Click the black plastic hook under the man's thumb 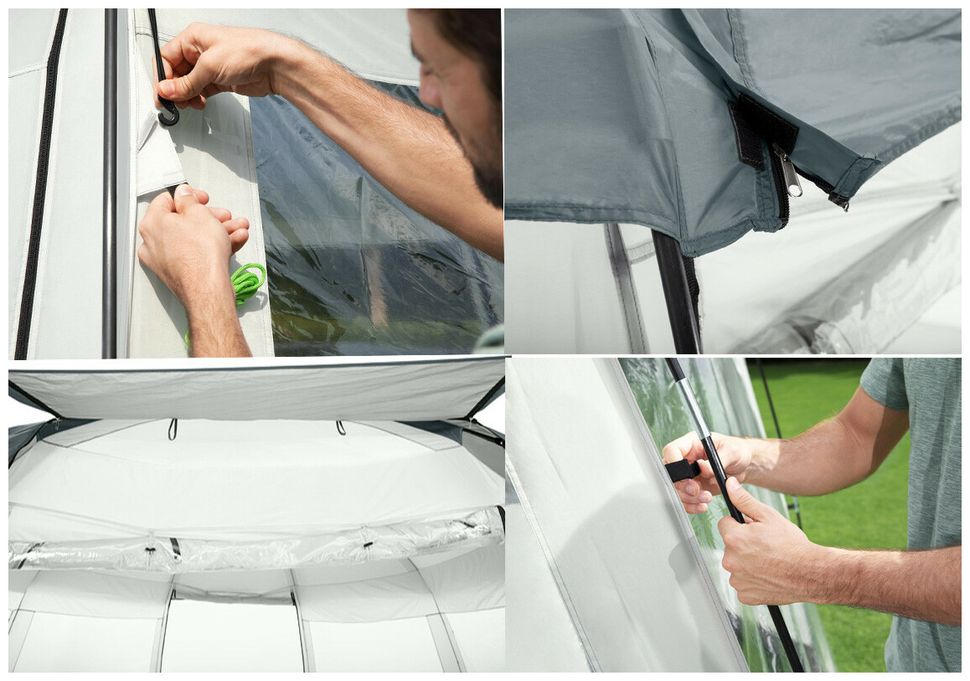[168, 113]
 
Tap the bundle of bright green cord [247, 282]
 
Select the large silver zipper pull [787, 171]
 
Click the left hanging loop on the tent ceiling [173, 429]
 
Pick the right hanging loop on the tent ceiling [341, 427]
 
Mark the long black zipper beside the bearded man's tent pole [39, 184]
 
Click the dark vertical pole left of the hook [110, 184]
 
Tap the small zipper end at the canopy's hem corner [838, 202]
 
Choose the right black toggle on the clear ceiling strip [367, 544]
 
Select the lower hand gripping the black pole [766, 544]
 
